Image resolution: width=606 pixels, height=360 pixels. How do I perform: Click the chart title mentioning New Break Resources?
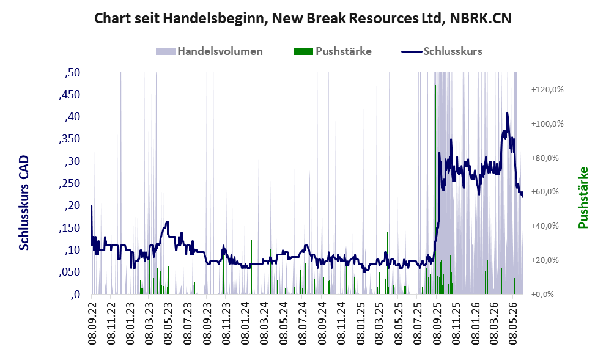click(303, 18)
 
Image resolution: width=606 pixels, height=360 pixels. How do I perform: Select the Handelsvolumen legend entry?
click(209, 51)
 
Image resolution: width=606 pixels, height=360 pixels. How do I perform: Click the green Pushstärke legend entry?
click(333, 51)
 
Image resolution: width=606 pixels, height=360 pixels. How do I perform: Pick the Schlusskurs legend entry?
click(442, 51)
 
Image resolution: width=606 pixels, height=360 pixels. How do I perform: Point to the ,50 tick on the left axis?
click(72, 73)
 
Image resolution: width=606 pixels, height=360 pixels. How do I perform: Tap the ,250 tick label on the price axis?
click(70, 183)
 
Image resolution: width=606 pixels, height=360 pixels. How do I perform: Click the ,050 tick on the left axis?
click(70, 273)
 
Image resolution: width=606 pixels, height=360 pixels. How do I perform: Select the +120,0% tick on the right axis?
click(547, 90)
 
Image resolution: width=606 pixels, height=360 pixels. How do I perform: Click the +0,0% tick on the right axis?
click(542, 295)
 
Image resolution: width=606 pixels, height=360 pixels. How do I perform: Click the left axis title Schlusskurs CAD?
click(24, 203)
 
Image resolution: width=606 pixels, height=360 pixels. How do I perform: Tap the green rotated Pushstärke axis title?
click(583, 198)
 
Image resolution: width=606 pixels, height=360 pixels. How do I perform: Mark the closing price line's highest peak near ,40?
click(507, 113)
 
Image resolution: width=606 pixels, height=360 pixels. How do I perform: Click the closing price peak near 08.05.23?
click(167, 222)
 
